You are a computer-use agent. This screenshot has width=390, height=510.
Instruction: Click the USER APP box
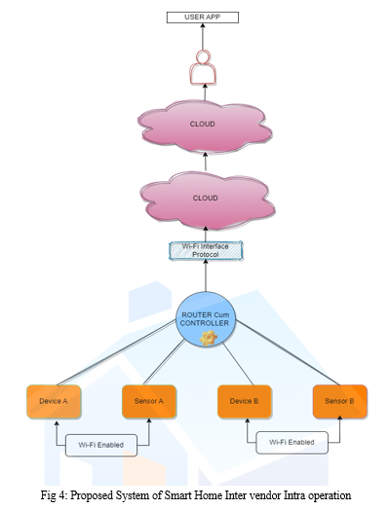[x=203, y=18]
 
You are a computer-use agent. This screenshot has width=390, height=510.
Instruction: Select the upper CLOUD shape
[x=205, y=127]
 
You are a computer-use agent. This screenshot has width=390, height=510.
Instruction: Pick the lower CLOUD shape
[x=208, y=200]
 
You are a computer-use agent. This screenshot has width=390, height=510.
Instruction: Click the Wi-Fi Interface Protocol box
[x=206, y=250]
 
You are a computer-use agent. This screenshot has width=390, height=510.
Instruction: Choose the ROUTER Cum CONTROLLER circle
[x=206, y=319]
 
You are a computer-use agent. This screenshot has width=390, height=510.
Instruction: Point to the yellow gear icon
[x=209, y=338]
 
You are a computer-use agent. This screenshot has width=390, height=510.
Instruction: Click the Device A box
[x=54, y=401]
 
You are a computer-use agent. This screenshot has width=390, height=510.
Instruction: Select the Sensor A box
[x=149, y=401]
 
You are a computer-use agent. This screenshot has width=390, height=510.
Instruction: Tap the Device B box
[x=245, y=401]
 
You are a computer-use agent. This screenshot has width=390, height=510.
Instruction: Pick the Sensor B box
[x=340, y=401]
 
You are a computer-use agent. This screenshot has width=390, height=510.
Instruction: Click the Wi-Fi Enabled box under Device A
[x=101, y=445]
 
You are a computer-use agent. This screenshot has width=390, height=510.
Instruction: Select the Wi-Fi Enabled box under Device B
[x=292, y=442]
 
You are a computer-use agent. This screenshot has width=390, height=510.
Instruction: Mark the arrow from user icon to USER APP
[x=203, y=36]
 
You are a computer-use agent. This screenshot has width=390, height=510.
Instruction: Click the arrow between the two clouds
[x=206, y=162]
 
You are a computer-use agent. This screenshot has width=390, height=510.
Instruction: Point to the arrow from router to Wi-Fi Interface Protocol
[x=206, y=275]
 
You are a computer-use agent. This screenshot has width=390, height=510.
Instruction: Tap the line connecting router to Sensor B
[x=288, y=352]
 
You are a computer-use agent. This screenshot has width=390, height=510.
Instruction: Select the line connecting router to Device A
[x=116, y=352]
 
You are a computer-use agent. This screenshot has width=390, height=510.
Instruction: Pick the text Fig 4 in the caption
[x=54, y=495]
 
